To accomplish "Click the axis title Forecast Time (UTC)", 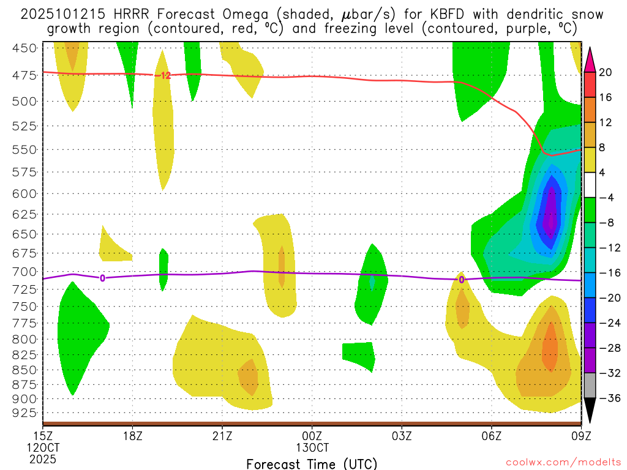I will [x=312, y=463].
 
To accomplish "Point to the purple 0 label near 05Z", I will [x=461, y=280].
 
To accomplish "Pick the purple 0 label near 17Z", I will [x=102, y=278].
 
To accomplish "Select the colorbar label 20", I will [x=605, y=72].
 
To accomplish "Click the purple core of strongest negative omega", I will [x=552, y=211].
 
